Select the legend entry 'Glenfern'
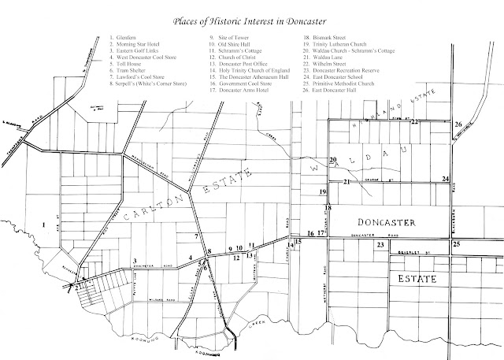coord(126,38)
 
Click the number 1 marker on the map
coord(44,225)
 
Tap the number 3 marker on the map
coord(135,261)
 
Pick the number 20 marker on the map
coord(333,161)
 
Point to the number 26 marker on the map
coord(458,124)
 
